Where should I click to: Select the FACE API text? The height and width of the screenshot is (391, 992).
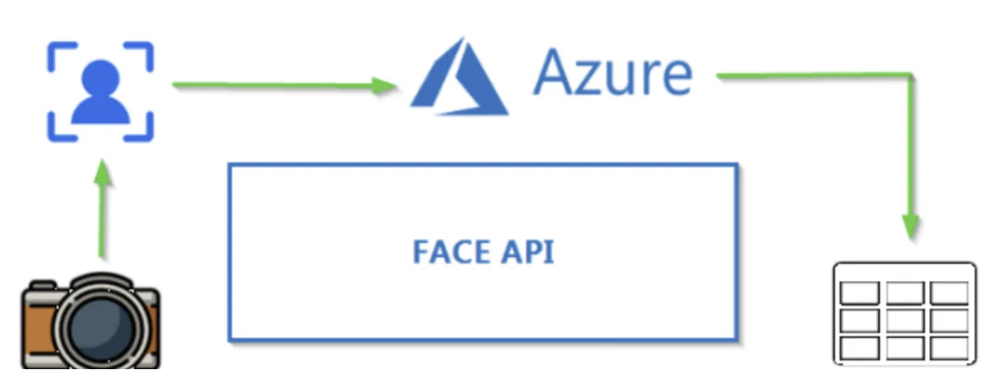484,251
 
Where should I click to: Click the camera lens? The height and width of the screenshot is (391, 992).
101,329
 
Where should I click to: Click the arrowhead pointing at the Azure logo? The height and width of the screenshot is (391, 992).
384,85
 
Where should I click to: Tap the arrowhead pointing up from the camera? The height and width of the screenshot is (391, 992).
101,173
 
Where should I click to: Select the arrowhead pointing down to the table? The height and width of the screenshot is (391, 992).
910,226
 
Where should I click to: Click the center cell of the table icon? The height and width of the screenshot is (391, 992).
905,320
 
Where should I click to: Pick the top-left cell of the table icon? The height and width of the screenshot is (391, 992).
859,293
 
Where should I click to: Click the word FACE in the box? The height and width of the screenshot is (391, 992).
451,251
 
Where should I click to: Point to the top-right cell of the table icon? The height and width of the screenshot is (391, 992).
949,293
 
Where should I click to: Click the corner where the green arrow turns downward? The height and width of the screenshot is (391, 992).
910,76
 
